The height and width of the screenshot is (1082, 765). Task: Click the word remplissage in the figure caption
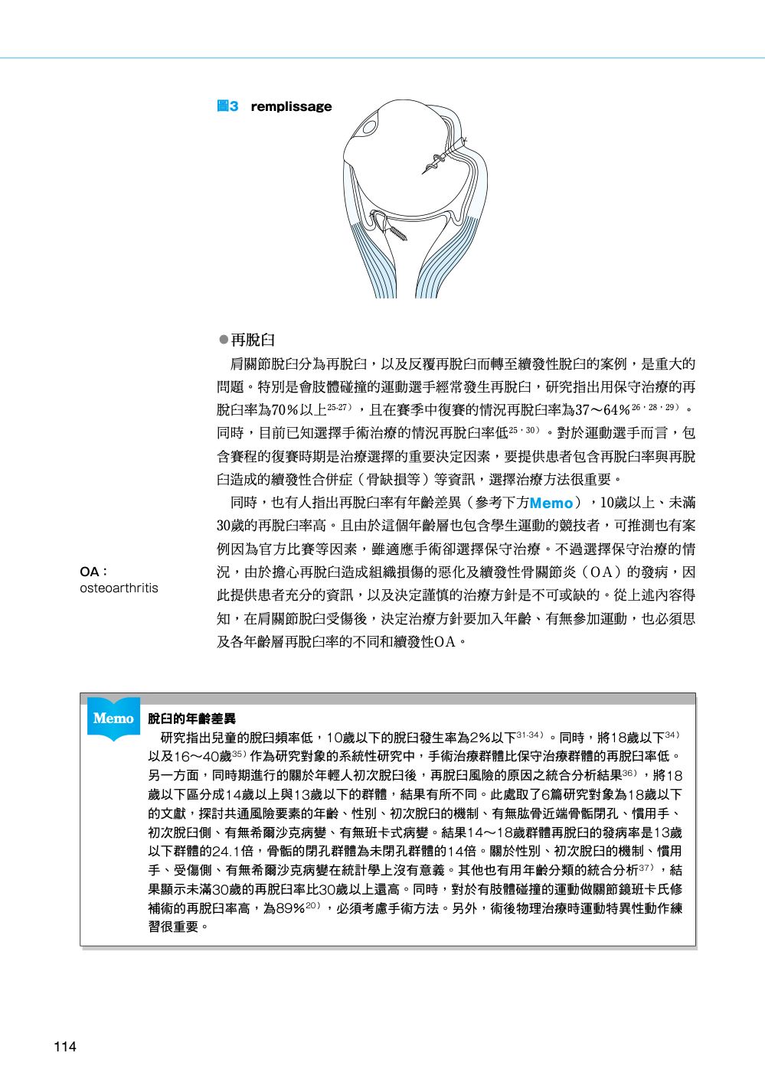coord(291,106)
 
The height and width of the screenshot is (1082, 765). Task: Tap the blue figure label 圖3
coord(227,106)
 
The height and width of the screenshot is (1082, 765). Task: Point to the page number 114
coord(65,1047)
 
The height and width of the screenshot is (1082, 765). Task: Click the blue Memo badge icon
coord(113,718)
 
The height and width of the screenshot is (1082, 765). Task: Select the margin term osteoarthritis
coord(119,588)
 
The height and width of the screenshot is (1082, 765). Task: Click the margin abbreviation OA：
coord(93,572)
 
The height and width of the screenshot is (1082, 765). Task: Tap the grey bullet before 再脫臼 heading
coord(224,339)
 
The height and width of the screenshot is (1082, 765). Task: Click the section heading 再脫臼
coord(253,340)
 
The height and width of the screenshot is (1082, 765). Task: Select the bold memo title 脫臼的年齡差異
coord(191,719)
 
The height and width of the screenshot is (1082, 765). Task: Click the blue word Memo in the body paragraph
coord(551,503)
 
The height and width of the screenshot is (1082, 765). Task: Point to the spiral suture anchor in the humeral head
coord(440,158)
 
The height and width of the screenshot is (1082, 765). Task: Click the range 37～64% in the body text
coord(602,409)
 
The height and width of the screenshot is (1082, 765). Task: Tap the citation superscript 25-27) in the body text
coord(339,405)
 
